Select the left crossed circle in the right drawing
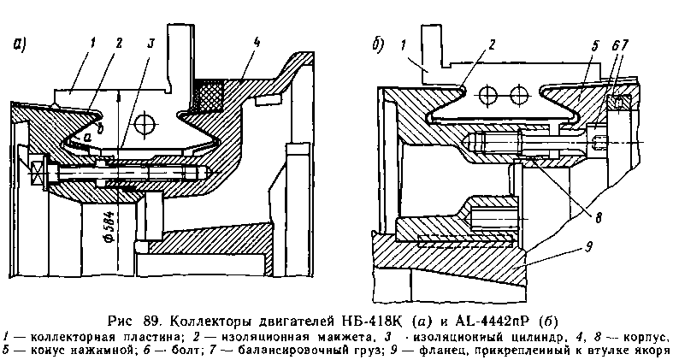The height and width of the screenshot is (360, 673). pos(488,92)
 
